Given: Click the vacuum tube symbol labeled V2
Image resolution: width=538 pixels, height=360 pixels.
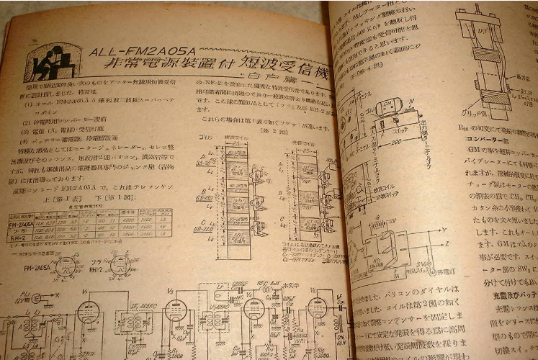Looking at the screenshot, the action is (x=175, y=310).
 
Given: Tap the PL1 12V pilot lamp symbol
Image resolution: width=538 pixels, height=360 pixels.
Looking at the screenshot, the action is (x=35, y=297).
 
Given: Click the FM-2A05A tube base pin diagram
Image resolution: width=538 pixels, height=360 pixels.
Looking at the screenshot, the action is (x=66, y=266).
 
